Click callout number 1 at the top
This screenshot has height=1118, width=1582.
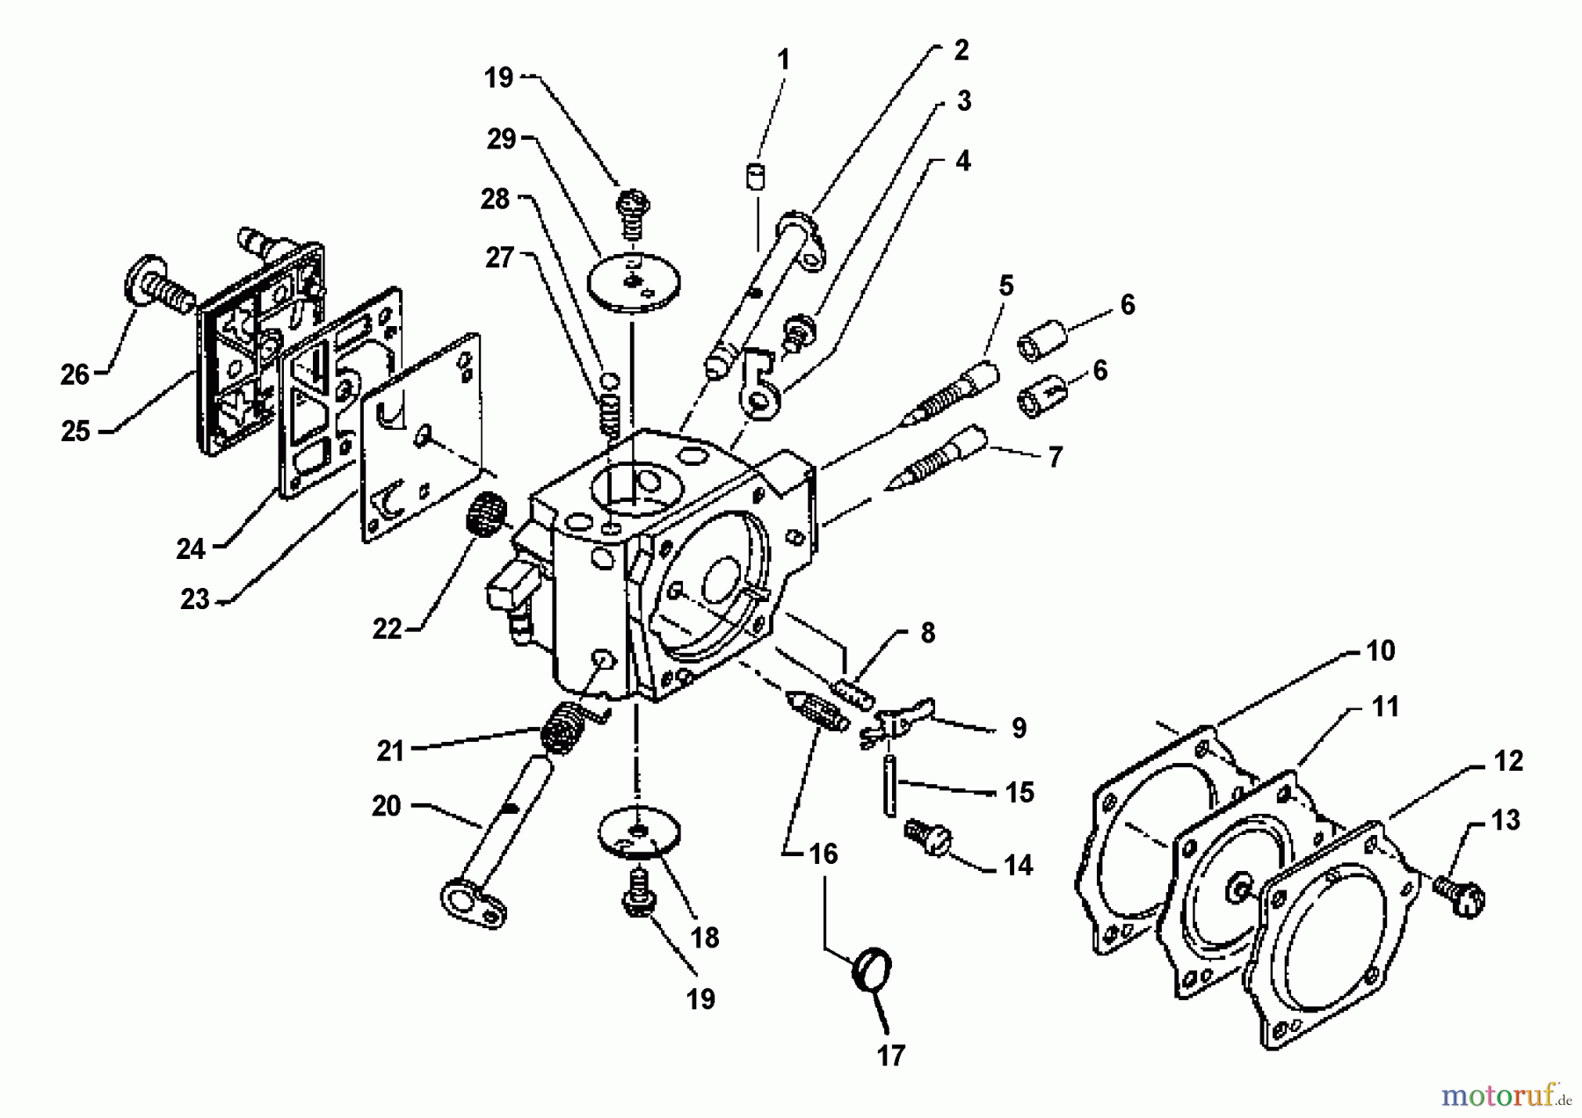point(783,60)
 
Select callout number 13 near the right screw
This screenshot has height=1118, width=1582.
point(1506,820)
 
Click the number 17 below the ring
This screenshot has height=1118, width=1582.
point(890,1056)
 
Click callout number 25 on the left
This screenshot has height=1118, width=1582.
point(76,431)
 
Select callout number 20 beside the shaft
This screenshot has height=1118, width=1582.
point(386,805)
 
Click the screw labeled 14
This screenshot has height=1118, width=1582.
point(925,835)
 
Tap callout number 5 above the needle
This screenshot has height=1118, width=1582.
point(1005,285)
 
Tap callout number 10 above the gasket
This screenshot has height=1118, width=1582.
point(1381,650)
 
